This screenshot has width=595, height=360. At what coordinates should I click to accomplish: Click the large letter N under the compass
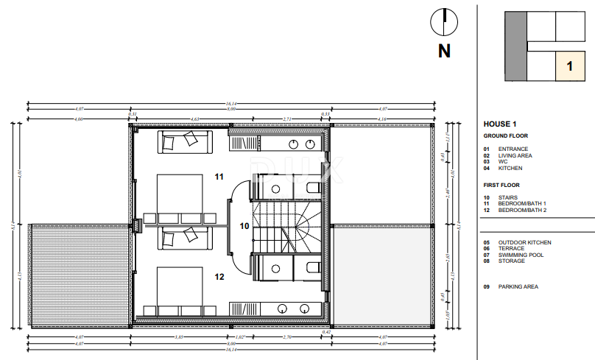coord(444,51)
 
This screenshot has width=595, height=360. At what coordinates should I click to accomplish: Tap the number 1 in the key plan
coord(569,66)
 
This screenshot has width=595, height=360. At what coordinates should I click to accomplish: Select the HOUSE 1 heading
coord(500,124)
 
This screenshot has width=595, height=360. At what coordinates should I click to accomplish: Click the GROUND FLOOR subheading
coord(505,136)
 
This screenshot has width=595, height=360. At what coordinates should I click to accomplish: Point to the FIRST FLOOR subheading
coord(501,186)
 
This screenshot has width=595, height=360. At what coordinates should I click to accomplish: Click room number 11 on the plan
coord(219,177)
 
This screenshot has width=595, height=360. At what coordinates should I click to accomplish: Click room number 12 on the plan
coord(219,278)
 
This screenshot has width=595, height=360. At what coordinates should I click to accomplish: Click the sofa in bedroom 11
coord(184,142)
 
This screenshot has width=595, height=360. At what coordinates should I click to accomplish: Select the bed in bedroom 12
coord(180,287)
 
